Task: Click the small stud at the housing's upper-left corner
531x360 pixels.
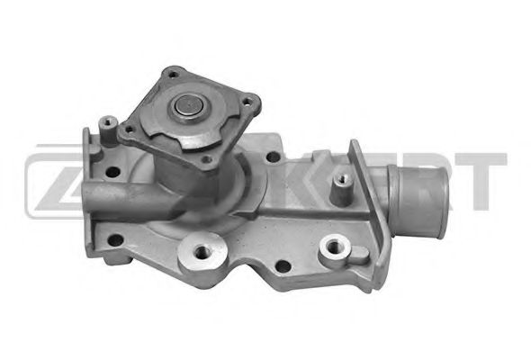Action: [x=108, y=119]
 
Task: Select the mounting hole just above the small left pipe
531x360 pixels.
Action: [x=115, y=166]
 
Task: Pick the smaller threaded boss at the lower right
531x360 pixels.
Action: [x=336, y=245]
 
